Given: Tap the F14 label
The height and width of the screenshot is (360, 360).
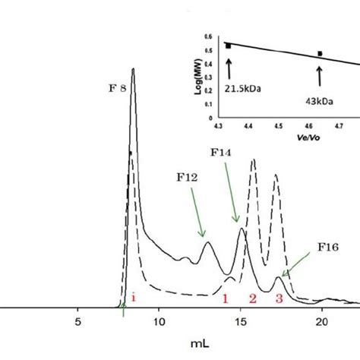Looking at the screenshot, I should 221,152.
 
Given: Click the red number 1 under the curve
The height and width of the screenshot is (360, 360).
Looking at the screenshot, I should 226,298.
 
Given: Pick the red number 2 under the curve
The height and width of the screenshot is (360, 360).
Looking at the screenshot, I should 252,298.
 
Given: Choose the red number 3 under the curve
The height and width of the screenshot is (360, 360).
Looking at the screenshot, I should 279,298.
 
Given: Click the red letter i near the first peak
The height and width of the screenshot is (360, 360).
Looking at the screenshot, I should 134,298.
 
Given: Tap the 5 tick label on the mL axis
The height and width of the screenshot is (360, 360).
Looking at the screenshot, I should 77,321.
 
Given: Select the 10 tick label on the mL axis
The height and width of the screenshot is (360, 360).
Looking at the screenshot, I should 159,321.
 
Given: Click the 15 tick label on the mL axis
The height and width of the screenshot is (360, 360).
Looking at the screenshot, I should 240,321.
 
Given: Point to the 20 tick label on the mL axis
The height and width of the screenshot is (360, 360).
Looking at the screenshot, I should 321,321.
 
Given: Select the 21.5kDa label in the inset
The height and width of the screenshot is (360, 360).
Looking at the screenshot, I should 241,87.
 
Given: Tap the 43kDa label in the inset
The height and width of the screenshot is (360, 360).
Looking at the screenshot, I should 319,98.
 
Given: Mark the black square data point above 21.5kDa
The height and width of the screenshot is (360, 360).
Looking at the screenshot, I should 228,46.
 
